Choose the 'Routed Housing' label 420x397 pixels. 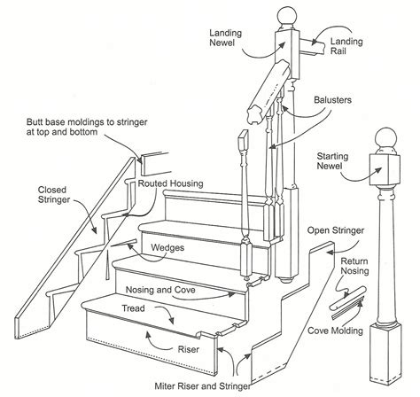point(171,183)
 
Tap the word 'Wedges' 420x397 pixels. point(167,249)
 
